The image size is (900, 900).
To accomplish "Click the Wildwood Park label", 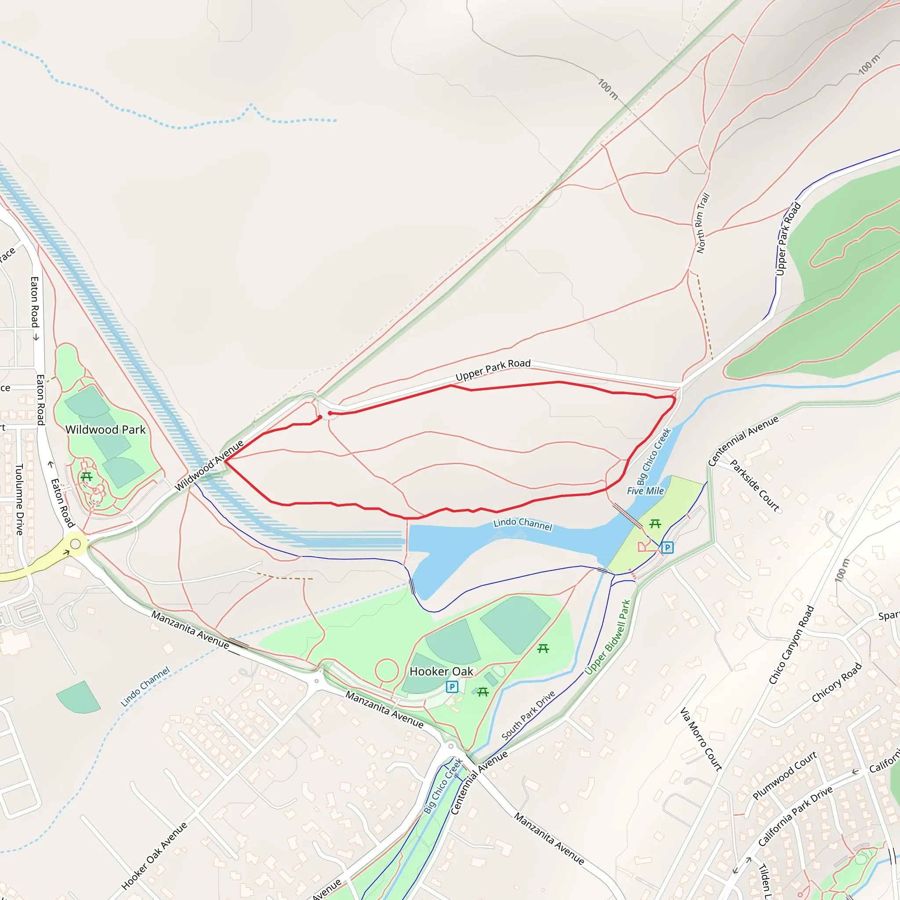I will coord(105,429).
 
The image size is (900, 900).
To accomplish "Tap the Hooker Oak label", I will coord(441,671).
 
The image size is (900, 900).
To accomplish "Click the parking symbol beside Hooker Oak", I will coord(452,687).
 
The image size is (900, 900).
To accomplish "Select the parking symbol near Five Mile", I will coord(667,548).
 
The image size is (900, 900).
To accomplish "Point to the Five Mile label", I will coord(645,490).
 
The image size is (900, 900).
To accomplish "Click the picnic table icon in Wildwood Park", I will coord(87,476).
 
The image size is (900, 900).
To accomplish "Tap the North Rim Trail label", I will coord(703,223).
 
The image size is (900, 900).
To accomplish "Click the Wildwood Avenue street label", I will coord(209,465).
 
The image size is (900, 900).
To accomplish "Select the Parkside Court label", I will coord(754,486).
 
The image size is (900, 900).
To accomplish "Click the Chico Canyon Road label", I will coord(791,645).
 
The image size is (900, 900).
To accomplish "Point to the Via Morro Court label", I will coord(700,739).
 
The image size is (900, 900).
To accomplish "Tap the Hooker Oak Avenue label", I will coord(154,856).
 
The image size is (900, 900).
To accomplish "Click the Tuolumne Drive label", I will coord(20,499).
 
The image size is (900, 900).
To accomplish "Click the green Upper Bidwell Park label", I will coord(607,637).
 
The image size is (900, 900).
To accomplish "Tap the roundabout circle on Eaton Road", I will coord(76,544).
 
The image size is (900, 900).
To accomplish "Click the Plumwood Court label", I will coord(784,776).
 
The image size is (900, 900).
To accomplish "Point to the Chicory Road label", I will coord(837,682).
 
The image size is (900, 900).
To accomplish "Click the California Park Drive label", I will coord(795,817).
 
